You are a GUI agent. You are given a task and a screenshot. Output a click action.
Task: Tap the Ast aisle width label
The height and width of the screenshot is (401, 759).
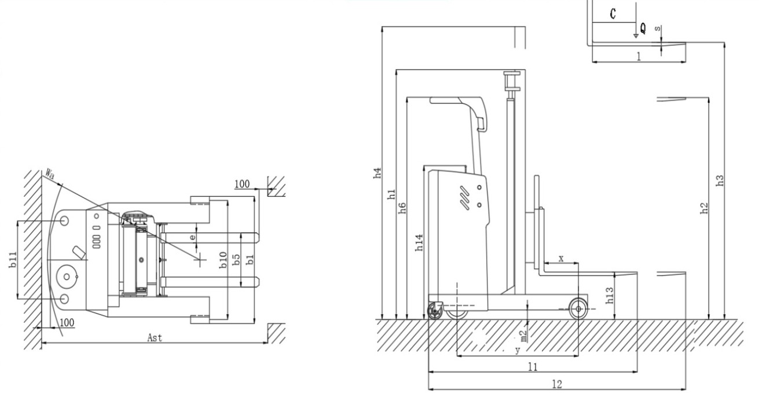coord(155,338)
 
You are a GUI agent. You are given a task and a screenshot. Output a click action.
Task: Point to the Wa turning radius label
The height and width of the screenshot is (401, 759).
coord(50,174)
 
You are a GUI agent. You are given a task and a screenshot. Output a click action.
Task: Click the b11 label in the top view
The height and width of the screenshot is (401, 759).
coord(13,259)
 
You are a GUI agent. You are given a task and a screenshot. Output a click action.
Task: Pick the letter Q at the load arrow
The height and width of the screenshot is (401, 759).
coord(643,28)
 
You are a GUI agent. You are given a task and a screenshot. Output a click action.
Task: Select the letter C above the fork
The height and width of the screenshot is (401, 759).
coord(613,14)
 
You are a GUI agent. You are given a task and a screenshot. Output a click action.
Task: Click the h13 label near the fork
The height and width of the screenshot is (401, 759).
coord(609,295)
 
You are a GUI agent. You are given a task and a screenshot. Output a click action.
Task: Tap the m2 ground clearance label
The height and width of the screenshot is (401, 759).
coord(523,336)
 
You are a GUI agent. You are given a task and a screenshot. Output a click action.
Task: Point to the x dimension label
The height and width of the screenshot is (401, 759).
coord(561,259)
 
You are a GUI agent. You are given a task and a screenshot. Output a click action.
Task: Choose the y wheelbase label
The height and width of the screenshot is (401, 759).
coord(518,350)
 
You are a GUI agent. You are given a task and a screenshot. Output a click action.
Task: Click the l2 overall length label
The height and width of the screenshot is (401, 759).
coord(557,384)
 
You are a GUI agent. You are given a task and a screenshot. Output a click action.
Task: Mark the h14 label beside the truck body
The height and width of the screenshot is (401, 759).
coord(419,242)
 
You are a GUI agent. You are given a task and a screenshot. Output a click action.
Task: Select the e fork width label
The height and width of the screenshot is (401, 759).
coord(193,237)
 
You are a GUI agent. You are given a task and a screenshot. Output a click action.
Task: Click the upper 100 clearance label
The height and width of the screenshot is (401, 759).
coord(242,184)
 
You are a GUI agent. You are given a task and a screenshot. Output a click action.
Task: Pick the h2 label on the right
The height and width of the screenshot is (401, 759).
coord(704,208)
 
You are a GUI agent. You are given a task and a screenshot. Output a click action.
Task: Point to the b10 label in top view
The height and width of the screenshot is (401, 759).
coord(223,260)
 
